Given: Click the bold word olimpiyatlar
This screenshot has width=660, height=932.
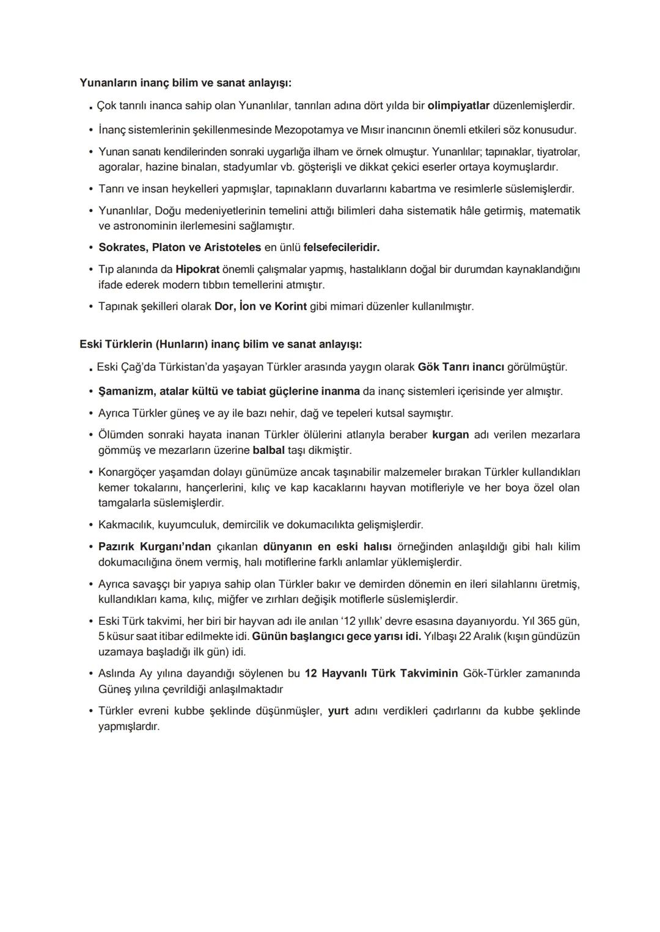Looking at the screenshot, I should click(x=458, y=106).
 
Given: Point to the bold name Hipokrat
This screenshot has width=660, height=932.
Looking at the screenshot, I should click(x=197, y=269).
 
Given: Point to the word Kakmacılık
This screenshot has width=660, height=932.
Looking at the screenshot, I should click(x=126, y=525).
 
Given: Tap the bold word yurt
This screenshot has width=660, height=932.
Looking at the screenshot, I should click(x=338, y=711).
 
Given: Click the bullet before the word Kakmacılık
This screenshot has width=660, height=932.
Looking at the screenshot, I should click(x=90, y=525).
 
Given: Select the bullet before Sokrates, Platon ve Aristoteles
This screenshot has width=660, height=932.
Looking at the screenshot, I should click(x=90, y=247).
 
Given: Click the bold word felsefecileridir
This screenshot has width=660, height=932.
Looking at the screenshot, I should click(x=341, y=247).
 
